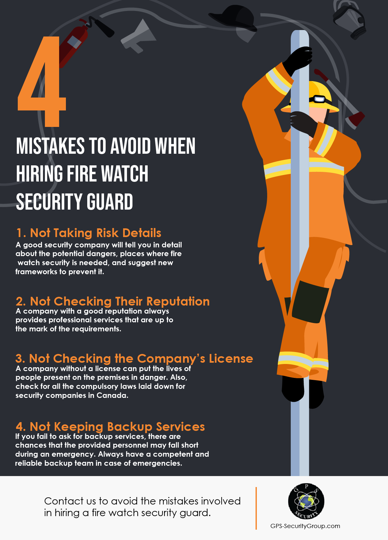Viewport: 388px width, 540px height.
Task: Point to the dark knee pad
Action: (x=310, y=302)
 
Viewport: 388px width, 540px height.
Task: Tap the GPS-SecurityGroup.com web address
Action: (x=305, y=526)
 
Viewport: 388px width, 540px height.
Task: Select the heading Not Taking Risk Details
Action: (x=89, y=233)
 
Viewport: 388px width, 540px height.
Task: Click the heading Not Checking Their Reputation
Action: (x=113, y=301)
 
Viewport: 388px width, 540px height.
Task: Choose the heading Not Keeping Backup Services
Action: (x=110, y=427)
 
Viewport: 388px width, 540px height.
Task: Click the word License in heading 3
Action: (x=231, y=358)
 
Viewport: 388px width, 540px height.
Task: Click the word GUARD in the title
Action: (x=110, y=202)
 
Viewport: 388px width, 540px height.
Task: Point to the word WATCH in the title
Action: (x=125, y=174)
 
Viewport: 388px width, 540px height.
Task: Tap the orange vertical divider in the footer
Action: (x=256, y=508)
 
